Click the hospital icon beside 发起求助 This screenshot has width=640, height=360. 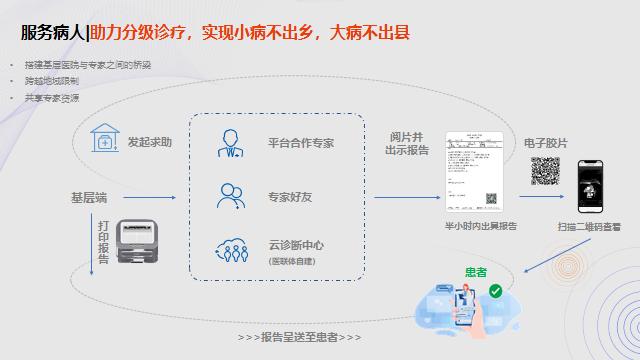[104, 141]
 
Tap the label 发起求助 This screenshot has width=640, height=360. [149, 143]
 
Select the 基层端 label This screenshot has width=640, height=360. [89, 197]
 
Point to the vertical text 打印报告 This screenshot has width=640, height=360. [103, 244]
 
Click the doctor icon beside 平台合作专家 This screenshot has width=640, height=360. [231, 142]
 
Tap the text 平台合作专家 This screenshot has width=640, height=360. [300, 143]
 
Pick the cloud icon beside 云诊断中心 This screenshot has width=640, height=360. [231, 250]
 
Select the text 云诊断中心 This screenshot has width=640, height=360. [296, 245]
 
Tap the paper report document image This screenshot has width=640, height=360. [473, 171]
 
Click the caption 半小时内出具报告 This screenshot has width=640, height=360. [481, 226]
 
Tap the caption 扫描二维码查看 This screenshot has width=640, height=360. [589, 227]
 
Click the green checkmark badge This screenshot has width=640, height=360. [495, 291]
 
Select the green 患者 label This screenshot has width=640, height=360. [476, 271]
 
